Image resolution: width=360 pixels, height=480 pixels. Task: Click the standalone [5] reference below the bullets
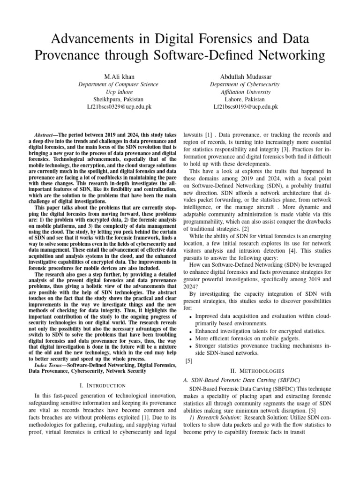click(x=189, y=361)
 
